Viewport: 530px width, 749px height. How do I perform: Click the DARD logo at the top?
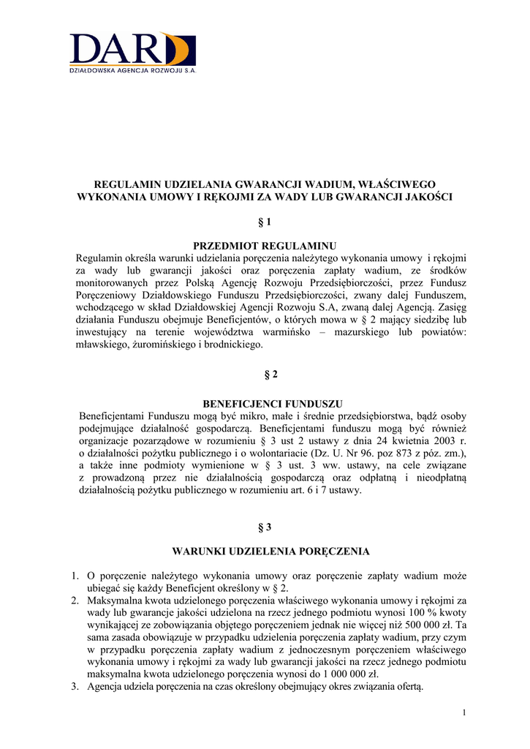(x=132, y=49)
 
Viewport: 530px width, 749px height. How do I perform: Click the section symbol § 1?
(x=265, y=222)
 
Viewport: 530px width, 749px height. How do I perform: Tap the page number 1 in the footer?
(x=464, y=712)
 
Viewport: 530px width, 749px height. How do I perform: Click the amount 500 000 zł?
(x=432, y=625)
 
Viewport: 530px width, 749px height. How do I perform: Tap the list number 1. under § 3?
(x=75, y=576)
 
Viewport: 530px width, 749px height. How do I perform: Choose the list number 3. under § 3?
(x=75, y=687)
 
